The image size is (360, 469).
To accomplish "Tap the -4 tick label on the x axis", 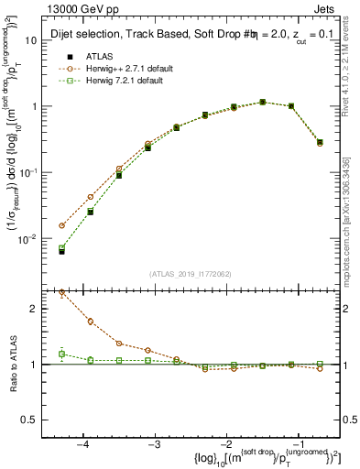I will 83,443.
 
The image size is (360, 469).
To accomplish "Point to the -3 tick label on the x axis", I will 154,443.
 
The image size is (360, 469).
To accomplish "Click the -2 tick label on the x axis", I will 224,443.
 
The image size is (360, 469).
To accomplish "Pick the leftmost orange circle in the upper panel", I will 62,225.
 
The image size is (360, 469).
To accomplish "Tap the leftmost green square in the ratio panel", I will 62,354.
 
